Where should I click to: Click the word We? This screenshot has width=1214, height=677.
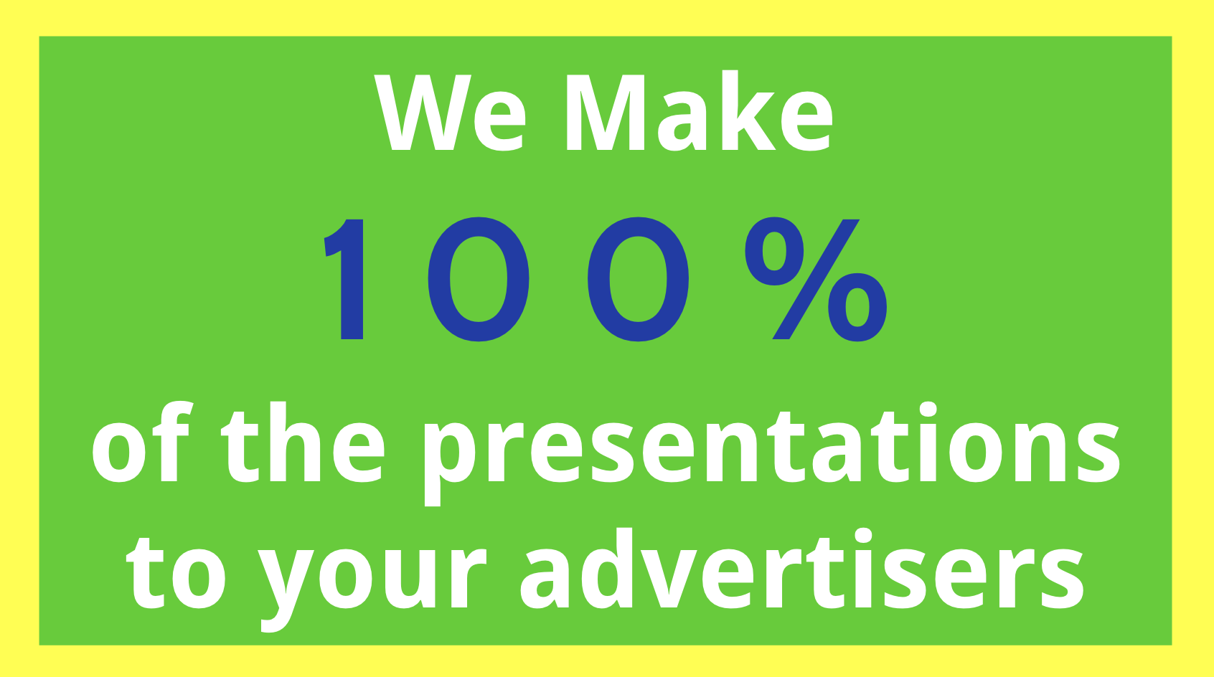click(450, 112)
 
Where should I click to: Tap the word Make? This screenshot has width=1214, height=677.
click(699, 110)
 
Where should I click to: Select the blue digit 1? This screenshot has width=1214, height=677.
click(344, 280)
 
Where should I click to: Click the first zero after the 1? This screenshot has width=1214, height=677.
click(479, 280)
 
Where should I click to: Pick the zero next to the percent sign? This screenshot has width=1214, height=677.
click(639, 280)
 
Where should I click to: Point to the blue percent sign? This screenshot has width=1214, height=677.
click(817, 280)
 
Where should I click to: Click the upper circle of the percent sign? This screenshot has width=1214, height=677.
click(774, 251)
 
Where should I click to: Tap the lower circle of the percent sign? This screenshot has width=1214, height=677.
click(857, 308)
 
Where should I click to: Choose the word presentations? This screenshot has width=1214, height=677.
click(772, 454)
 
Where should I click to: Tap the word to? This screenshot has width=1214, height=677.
click(176, 573)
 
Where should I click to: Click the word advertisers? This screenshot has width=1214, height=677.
click(802, 567)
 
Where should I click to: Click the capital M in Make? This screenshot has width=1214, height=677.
click(606, 112)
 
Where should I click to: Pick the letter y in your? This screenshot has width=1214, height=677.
click(286, 589)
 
